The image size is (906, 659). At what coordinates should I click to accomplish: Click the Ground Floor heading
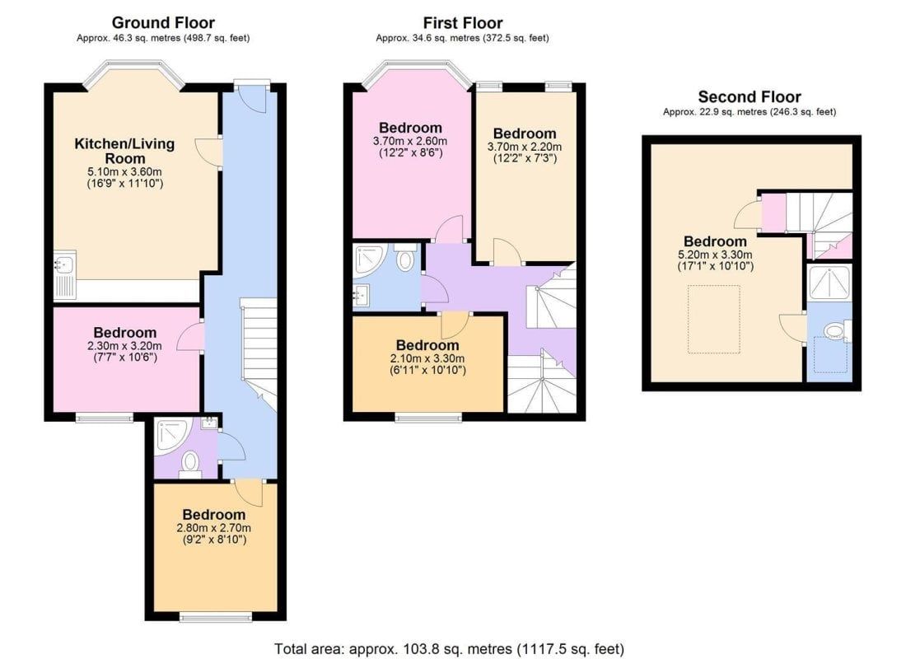click(163, 23)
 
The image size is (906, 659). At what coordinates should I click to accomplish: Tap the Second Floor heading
click(750, 96)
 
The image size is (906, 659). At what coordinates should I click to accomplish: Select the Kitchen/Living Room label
click(124, 151)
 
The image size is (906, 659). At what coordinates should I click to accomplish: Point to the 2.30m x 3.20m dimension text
click(125, 346)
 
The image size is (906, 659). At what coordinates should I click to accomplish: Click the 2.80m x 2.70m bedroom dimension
click(214, 528)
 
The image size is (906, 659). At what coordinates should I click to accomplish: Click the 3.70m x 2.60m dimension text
click(409, 141)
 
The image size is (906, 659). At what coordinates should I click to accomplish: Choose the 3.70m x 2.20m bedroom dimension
click(525, 147)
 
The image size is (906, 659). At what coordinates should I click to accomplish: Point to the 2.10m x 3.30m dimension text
click(427, 358)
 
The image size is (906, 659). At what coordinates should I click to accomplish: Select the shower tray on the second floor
click(829, 282)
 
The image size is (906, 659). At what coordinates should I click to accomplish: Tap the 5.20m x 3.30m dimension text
click(715, 255)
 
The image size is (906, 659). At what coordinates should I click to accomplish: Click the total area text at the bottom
click(449, 648)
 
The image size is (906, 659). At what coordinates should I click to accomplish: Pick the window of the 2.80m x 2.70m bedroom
click(216, 617)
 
